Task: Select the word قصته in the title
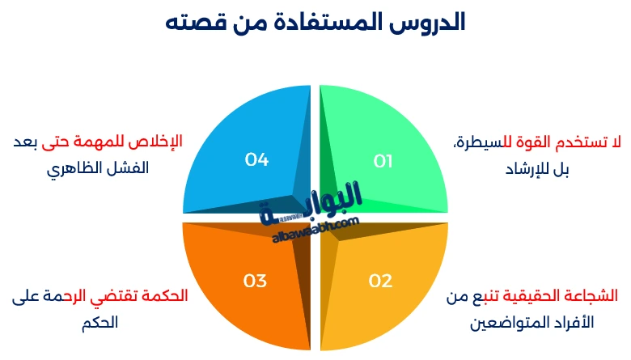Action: tap(198, 22)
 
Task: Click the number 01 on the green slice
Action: tap(383, 161)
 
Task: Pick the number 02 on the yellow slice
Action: tap(380, 281)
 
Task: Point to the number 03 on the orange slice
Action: tap(255, 281)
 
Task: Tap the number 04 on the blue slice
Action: tap(256, 159)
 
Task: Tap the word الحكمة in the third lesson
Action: tap(164, 295)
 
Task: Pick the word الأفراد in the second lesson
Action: tap(571, 323)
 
